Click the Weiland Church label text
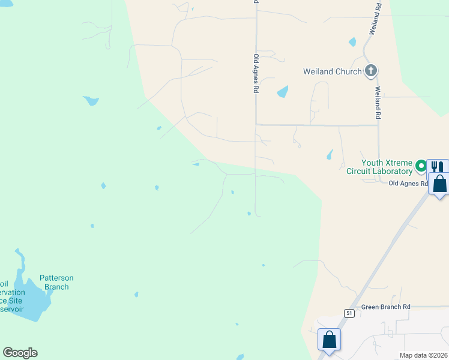[332, 72]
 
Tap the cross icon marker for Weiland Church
[371, 71]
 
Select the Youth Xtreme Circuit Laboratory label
[387, 167]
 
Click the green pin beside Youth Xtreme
[421, 166]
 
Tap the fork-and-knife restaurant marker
[438, 168]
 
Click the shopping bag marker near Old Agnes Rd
[440, 184]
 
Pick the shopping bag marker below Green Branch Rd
[330, 340]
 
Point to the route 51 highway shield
[348, 313]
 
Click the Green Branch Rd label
[385, 307]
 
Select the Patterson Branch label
[56, 282]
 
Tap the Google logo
[20, 353]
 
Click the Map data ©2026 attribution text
[423, 355]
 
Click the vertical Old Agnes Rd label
[256, 73]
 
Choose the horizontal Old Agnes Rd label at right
[408, 183]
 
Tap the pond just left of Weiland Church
[282, 92]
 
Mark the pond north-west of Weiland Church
[352, 42]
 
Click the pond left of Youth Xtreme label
[330, 154]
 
